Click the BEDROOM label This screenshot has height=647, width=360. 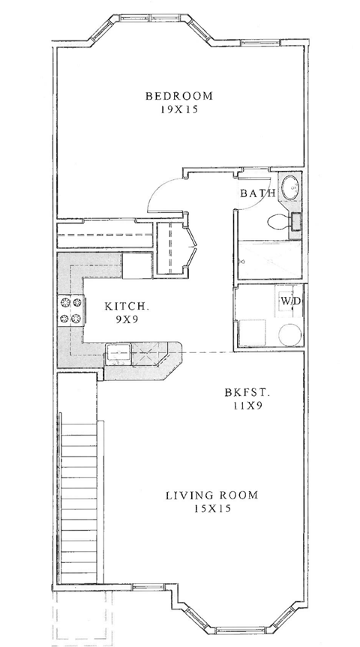click(x=179, y=96)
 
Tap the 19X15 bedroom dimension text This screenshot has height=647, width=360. click(x=179, y=109)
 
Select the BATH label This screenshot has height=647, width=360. click(x=257, y=193)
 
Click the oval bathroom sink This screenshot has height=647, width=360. click(x=289, y=187)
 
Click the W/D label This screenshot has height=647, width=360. click(x=290, y=301)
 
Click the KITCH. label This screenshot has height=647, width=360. click(x=126, y=306)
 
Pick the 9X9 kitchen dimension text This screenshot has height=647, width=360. click(x=126, y=319)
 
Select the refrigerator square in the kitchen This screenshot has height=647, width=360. click(x=137, y=265)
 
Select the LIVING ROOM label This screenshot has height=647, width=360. click(x=212, y=495)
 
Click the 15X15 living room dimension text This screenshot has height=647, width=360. click(x=212, y=508)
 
